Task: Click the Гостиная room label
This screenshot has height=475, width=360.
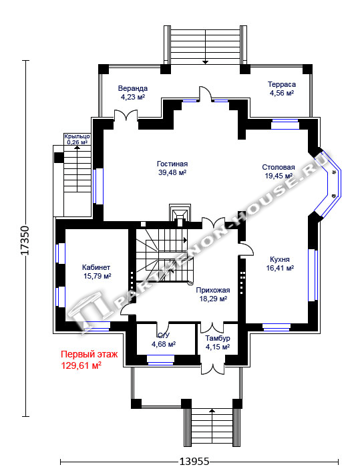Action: tap(172, 164)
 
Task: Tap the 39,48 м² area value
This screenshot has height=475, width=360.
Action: tap(172, 172)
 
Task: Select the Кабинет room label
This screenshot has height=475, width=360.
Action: tap(96, 267)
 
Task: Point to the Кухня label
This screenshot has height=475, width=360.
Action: tap(280, 260)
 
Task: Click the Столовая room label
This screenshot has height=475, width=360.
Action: tap(279, 167)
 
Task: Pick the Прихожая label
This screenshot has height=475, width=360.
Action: tap(213, 290)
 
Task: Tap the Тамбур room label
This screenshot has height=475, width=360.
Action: tap(218, 338)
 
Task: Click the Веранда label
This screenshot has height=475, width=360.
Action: tap(133, 88)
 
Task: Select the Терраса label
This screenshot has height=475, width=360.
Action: tap(282, 84)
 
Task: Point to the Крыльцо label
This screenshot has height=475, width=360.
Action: tap(77, 136)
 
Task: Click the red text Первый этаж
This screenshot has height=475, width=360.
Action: tap(89, 354)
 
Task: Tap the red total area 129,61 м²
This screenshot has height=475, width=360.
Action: tap(81, 365)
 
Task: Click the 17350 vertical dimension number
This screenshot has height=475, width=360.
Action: tap(25, 240)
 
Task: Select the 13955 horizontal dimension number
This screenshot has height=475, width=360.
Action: tap(194, 462)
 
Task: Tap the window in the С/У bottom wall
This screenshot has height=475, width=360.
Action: tap(161, 359)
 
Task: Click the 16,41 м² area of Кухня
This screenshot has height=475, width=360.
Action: tap(280, 268)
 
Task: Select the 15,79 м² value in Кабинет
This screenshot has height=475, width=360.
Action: tap(98, 276)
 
